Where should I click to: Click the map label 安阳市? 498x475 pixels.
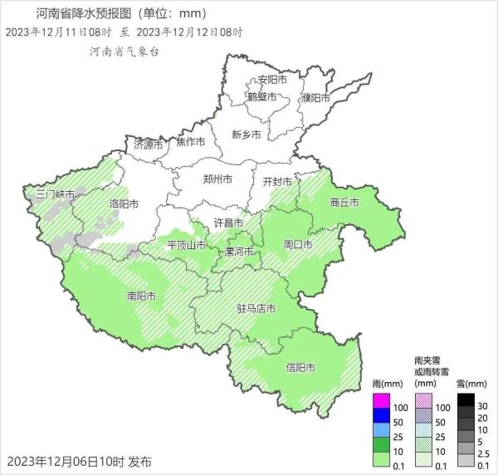(272, 80)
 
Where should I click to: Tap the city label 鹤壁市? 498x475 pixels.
(262, 96)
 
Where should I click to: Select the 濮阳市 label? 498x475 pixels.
(316, 98)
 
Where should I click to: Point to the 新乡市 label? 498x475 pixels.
(247, 135)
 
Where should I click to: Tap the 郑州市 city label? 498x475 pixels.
(217, 179)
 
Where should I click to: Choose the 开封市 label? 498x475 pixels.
(277, 181)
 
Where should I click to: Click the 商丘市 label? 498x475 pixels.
(344, 203)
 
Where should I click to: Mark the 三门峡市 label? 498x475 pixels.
(55, 194)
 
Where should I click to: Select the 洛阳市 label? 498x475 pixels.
(124, 203)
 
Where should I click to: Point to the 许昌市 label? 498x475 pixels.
(229, 223)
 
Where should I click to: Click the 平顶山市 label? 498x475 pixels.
(186, 245)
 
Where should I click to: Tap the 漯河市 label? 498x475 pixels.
(240, 251)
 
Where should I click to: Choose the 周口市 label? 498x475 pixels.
(297, 245)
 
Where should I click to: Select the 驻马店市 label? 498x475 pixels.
(256, 308)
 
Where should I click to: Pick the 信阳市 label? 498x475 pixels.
(300, 367)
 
